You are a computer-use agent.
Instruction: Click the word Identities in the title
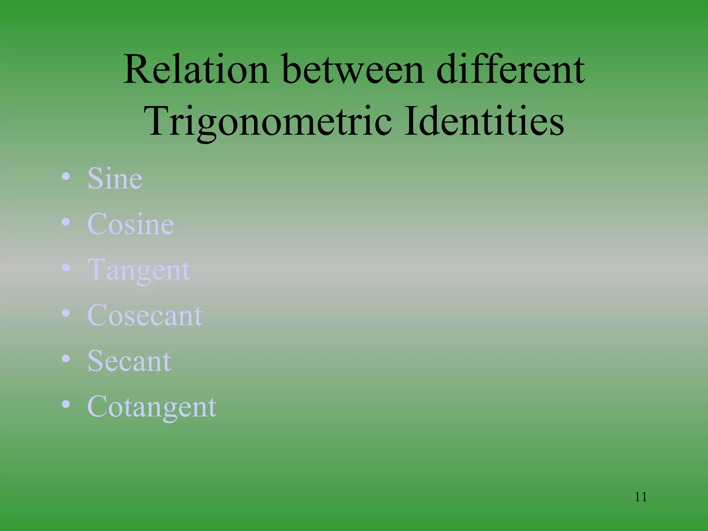tap(484, 121)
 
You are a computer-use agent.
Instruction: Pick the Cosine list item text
tap(130, 224)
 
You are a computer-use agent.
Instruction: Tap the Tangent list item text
tap(139, 270)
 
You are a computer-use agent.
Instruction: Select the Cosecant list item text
tap(145, 315)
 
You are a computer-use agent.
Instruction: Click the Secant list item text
tap(129, 361)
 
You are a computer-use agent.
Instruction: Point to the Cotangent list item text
tap(152, 407)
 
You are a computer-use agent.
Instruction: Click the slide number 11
tap(641, 497)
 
